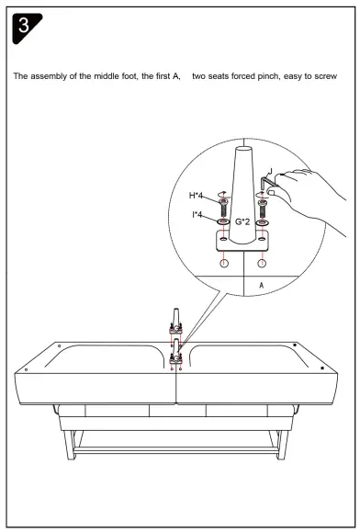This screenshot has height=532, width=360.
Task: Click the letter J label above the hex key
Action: coord(271,168)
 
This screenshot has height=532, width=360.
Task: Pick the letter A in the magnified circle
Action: coord(262,285)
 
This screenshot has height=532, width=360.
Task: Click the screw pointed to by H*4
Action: coord(223,207)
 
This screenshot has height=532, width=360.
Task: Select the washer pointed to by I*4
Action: coord(223,222)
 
